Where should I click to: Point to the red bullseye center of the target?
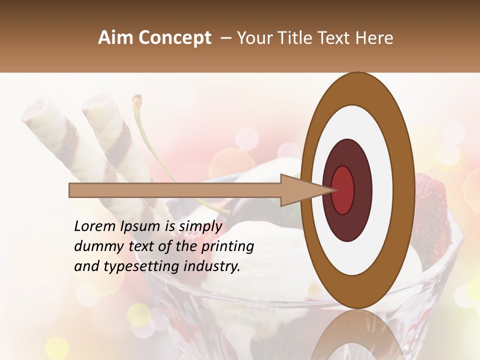pyautogui.click(x=343, y=190)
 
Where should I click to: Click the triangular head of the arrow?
pyautogui.click(x=300, y=190)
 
